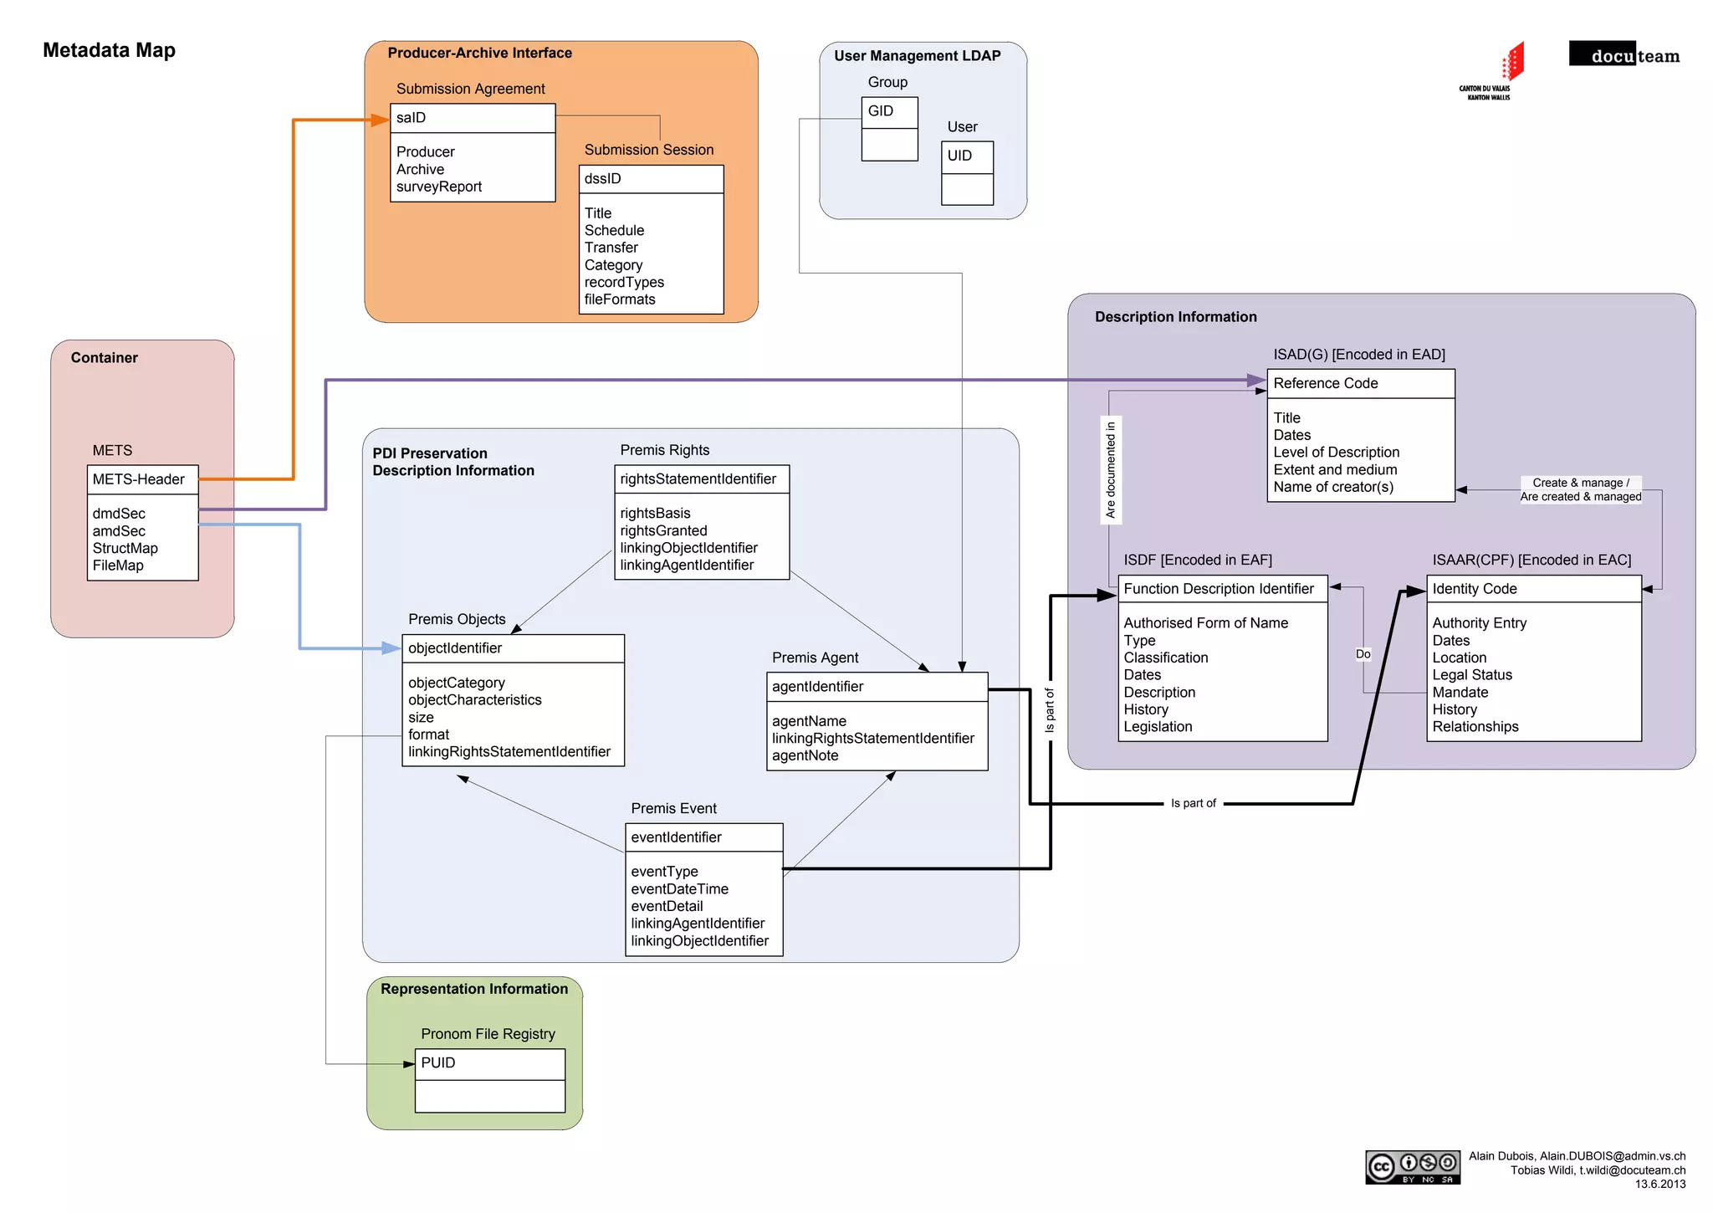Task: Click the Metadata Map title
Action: click(109, 50)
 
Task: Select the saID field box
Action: click(473, 118)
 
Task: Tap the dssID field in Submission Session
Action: click(651, 179)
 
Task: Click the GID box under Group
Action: click(889, 111)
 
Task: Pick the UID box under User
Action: click(967, 156)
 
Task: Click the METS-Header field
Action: click(142, 479)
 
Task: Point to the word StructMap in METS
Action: click(125, 549)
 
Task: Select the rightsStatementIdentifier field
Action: click(701, 479)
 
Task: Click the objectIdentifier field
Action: click(513, 648)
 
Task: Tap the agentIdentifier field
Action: click(877, 687)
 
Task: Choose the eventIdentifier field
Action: click(703, 837)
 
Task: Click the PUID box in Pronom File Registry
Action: click(489, 1063)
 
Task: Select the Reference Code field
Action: click(1360, 383)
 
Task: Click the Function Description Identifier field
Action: click(1222, 589)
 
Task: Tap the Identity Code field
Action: click(1533, 589)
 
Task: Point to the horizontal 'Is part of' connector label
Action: click(1193, 803)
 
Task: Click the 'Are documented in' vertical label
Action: click(1110, 469)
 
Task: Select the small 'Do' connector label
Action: click(1363, 654)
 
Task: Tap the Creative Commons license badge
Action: click(1413, 1167)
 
